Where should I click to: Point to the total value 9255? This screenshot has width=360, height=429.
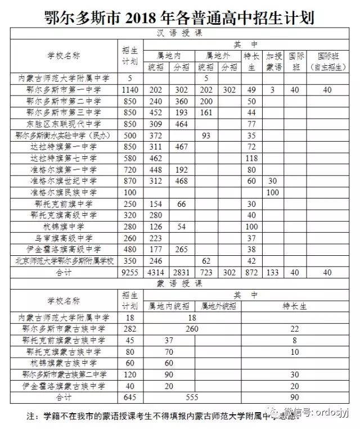tap(130, 273)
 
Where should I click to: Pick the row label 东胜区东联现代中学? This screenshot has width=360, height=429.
tap(64, 124)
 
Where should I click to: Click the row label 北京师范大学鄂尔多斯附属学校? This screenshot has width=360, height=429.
tap(64, 261)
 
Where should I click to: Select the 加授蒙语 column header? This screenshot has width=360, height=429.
tap(274, 61)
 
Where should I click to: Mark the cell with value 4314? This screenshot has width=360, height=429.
tap(154, 273)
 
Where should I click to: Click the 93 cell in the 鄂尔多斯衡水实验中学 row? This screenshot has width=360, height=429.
tap(206, 136)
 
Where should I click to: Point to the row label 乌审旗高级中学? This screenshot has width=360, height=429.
tap(64, 238)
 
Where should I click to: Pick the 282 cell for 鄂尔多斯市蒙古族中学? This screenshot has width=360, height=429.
tap(130, 329)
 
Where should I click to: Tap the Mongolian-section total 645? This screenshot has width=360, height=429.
tap(130, 398)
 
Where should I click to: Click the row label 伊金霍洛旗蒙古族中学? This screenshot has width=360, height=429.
tap(64, 386)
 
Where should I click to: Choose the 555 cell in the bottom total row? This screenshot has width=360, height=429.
tap(192, 398)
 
